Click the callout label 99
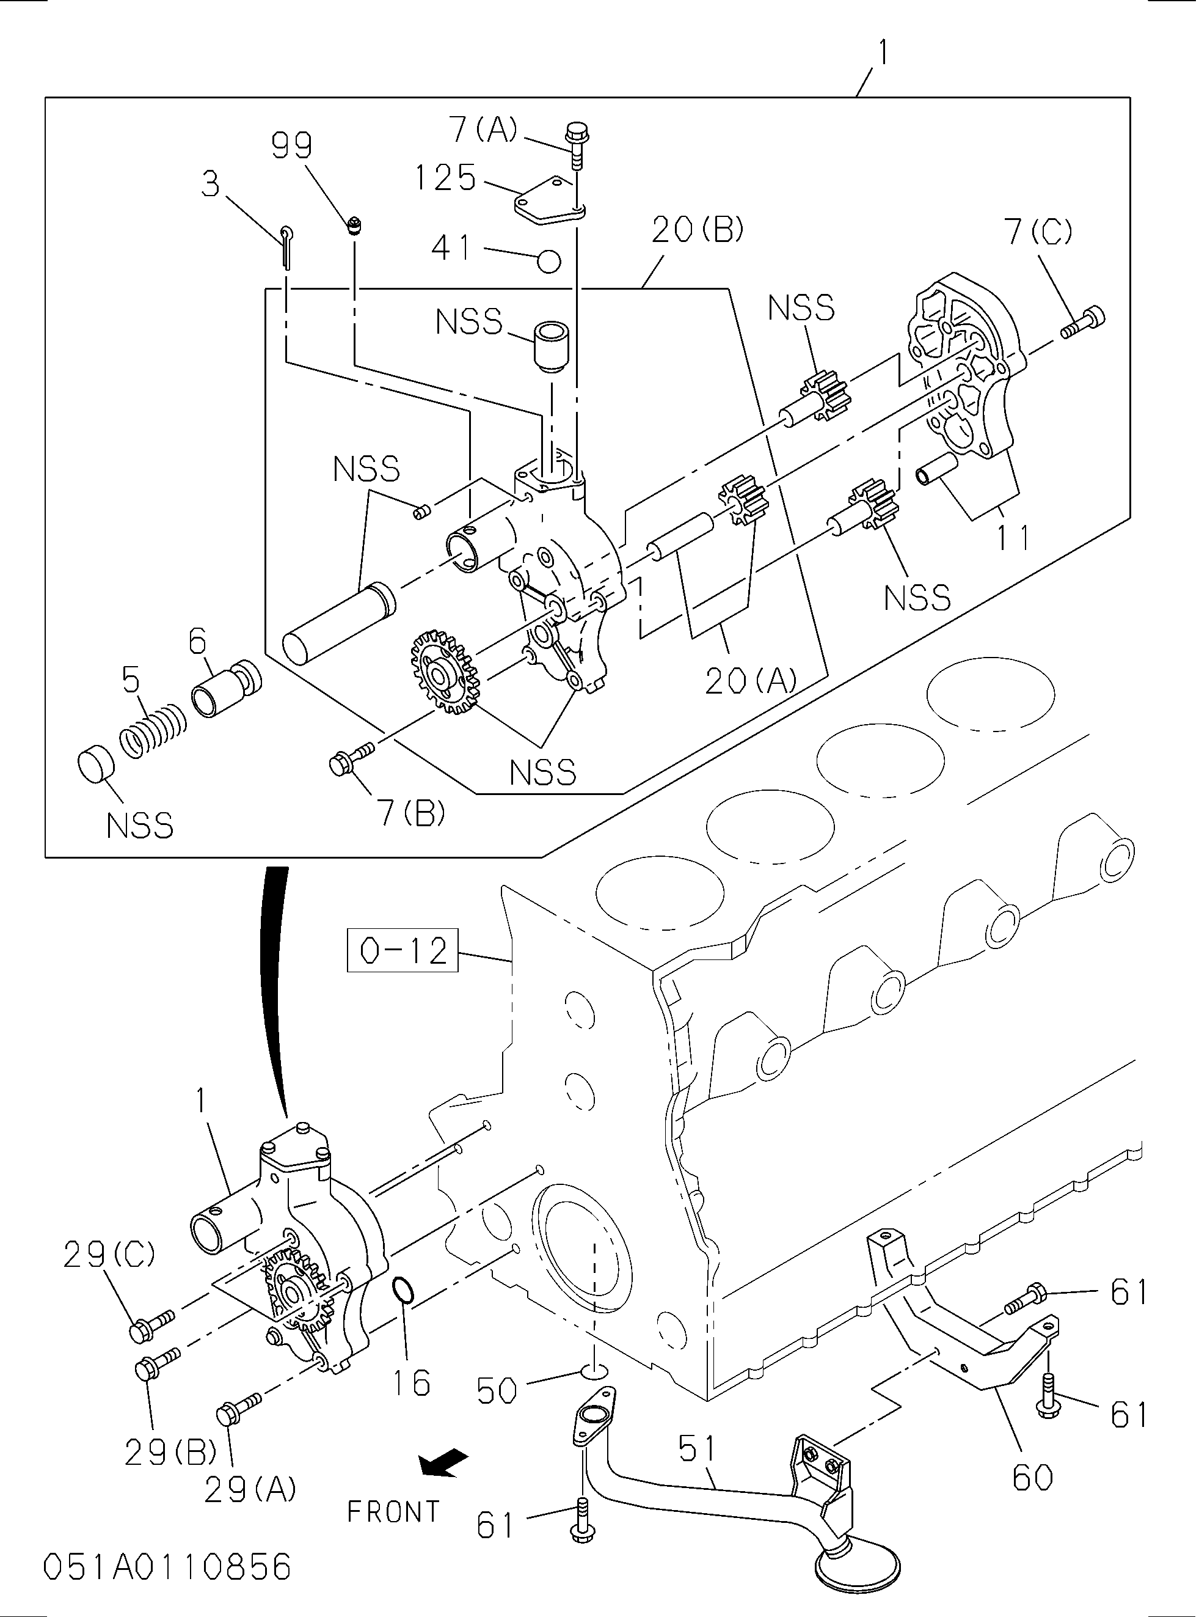click(292, 147)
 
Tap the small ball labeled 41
click(550, 262)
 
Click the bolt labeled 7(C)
click(1084, 323)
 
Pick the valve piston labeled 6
click(225, 689)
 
